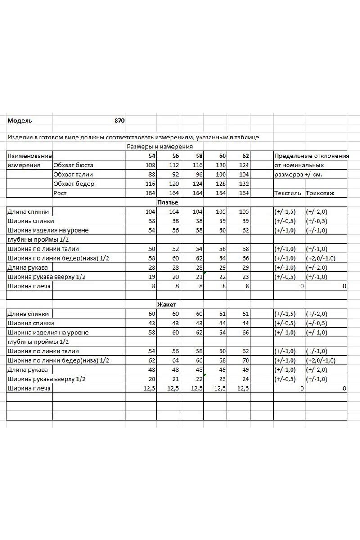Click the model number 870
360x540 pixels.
coord(119,121)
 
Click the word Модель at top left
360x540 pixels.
coord(20,121)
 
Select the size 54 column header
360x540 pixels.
coord(151,156)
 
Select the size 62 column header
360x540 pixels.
coord(246,156)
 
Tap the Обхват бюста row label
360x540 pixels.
coord(73,165)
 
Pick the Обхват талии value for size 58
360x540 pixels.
coord(198,175)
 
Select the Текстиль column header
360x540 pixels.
coord(288,193)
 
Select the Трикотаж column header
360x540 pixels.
coord(320,193)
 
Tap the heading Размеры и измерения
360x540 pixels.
coord(160,147)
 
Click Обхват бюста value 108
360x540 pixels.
coord(149,165)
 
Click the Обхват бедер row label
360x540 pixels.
coord(74,184)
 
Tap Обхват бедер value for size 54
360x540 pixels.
coord(149,184)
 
